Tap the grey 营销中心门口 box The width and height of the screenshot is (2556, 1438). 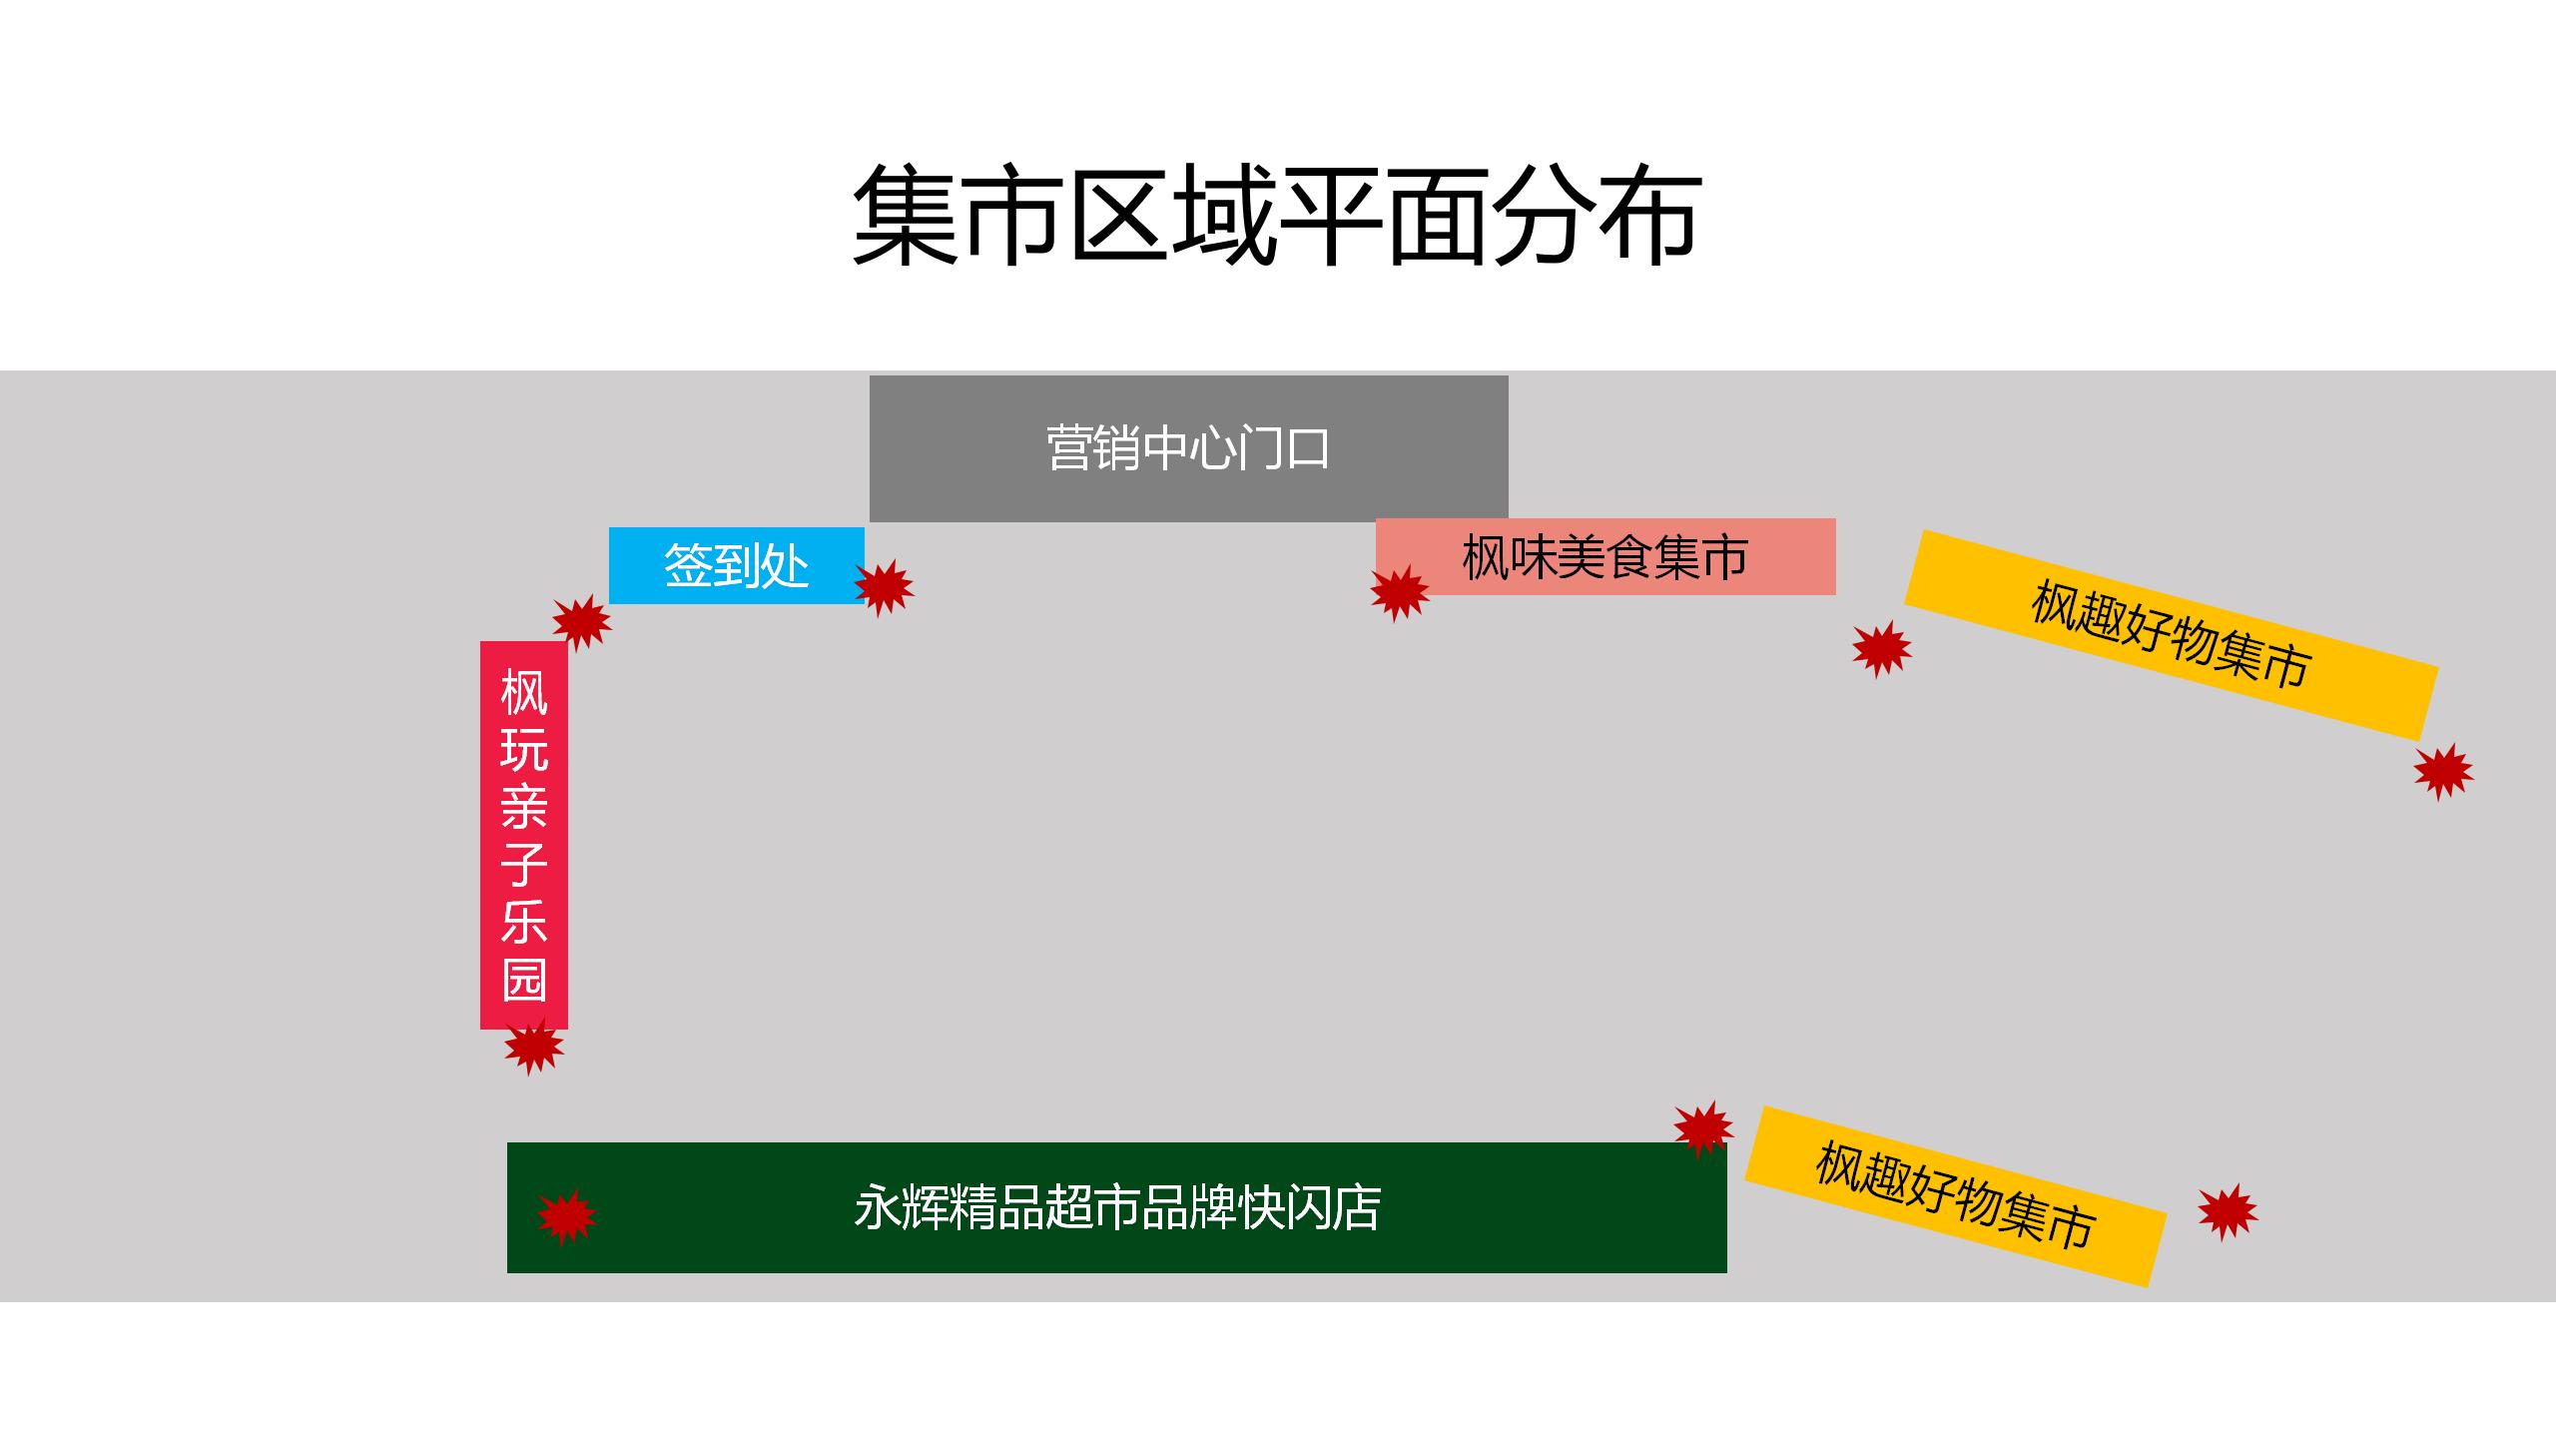1188,448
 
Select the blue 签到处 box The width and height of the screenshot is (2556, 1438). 736,565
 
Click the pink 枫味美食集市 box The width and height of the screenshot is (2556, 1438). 1605,556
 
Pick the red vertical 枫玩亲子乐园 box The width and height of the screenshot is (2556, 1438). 524,834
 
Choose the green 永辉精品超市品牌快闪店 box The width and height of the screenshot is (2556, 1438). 1116,1207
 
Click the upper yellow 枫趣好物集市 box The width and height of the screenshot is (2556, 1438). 2172,635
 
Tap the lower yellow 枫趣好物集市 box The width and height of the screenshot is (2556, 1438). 1955,1195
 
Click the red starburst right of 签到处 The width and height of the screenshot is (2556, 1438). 884,587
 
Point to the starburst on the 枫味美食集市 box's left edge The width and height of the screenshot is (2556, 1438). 1399,592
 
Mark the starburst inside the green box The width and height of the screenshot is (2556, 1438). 566,1215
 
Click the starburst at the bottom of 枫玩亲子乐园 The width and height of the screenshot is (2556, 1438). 533,1046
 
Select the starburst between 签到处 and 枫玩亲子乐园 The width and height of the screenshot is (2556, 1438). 581,622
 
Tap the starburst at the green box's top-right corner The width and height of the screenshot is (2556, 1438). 1703,1128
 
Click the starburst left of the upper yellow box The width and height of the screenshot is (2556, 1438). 1881,649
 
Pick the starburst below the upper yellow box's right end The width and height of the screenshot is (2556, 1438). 2443,771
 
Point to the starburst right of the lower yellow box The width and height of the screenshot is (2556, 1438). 2228,1211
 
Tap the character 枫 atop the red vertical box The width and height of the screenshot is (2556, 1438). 524,692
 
